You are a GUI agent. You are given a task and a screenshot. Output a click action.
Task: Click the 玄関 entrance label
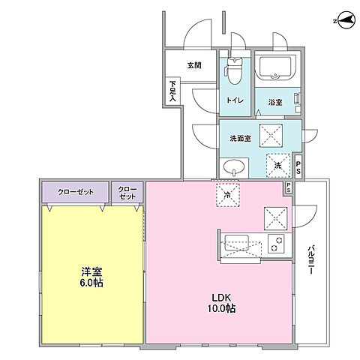pyautogui.click(x=195, y=65)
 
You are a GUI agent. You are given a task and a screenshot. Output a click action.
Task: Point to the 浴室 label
pyautogui.click(x=275, y=102)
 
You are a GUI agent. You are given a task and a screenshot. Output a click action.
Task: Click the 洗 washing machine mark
pyautogui.click(x=277, y=165)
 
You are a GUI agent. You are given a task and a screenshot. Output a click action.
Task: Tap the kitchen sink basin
pyautogui.click(x=241, y=243)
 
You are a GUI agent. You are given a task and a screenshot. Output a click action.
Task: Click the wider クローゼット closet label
pyautogui.click(x=75, y=193)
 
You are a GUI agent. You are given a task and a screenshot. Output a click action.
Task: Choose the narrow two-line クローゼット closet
pyautogui.click(x=128, y=193)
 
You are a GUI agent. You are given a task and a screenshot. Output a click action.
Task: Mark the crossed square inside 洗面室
pyautogui.click(x=271, y=136)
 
